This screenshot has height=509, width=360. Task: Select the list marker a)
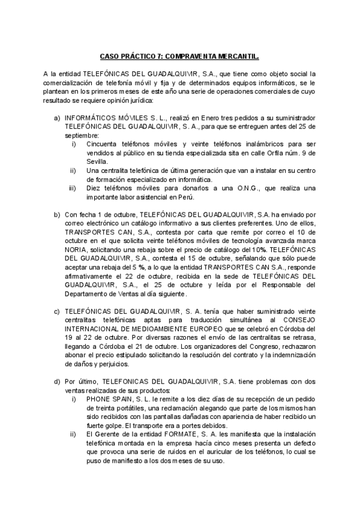[x=57, y=118]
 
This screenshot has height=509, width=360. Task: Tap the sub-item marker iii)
[x=74, y=188]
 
